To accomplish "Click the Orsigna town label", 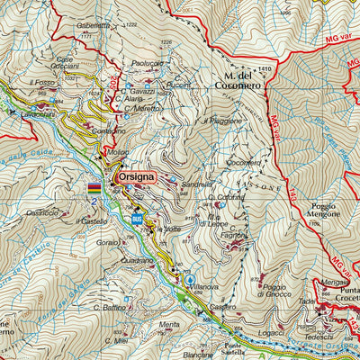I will [x=136, y=177].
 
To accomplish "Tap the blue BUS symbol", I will [x=137, y=219].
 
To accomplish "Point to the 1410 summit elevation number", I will [x=264, y=69].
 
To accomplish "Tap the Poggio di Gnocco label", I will [x=267, y=290].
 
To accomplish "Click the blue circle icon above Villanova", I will [x=190, y=280].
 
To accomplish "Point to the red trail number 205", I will [x=114, y=84].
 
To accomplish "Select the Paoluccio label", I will [x=147, y=64].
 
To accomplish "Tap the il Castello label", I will [x=93, y=220].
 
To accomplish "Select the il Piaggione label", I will [x=222, y=120].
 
